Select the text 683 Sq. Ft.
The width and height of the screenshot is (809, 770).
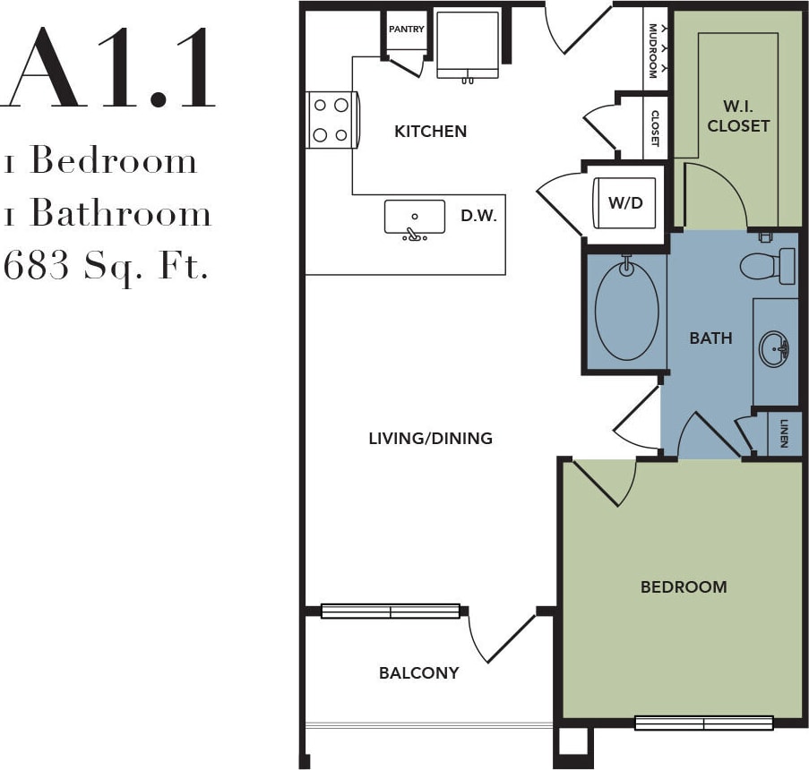click(x=108, y=266)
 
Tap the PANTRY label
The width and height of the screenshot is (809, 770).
click(x=406, y=30)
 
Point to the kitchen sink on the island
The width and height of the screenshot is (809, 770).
click(x=414, y=219)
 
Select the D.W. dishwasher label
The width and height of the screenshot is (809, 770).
click(x=478, y=216)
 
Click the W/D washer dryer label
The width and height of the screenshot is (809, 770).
click(x=625, y=202)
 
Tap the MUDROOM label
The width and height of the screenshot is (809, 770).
click(x=653, y=50)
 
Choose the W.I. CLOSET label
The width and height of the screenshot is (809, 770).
click(x=738, y=116)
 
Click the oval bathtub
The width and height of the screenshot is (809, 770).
click(x=626, y=311)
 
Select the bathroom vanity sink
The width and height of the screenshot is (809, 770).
click(x=773, y=349)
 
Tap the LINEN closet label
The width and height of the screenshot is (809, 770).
click(x=784, y=433)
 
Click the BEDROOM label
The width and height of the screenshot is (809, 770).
click(x=684, y=587)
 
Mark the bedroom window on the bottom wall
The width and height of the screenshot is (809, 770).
click(x=703, y=723)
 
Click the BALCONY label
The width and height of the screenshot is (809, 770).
click(x=418, y=673)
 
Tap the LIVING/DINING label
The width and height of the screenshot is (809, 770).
click(x=431, y=439)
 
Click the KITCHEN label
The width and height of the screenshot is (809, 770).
click(x=431, y=132)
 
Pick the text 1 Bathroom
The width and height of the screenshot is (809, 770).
click(x=108, y=214)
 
